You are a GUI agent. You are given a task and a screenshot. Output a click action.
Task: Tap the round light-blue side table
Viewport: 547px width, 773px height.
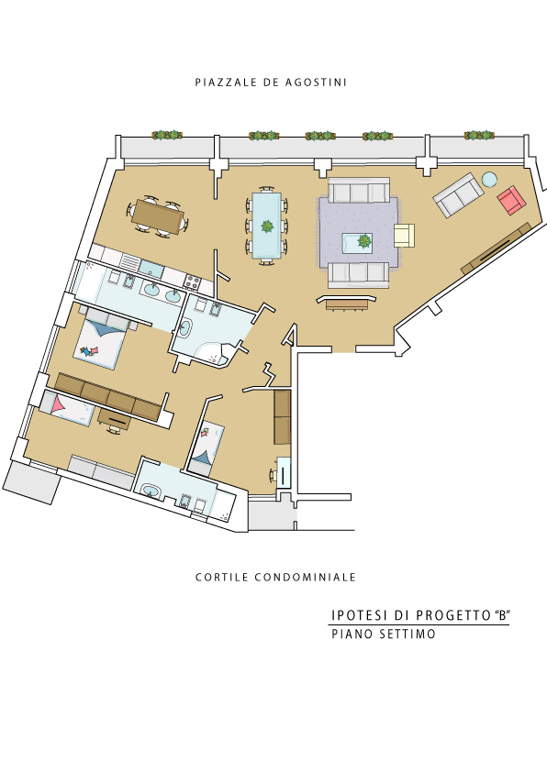pos(489,179)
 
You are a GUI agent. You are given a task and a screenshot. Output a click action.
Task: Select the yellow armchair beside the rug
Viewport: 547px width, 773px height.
pos(404,235)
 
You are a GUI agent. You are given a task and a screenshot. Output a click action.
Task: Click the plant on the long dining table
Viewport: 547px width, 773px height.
pos(267,226)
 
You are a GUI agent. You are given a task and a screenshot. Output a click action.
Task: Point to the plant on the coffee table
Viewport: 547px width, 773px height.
pos(364,241)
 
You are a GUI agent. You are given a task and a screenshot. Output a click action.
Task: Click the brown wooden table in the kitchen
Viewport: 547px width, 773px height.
pos(158,215)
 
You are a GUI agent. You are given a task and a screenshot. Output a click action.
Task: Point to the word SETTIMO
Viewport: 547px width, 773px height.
pos(407,634)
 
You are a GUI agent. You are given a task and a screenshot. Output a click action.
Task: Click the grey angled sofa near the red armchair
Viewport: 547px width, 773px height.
pos(458,194)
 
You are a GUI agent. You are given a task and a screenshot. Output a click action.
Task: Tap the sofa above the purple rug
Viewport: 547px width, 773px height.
pos(359,191)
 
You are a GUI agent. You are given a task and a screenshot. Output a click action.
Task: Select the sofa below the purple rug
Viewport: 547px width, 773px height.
pos(359,274)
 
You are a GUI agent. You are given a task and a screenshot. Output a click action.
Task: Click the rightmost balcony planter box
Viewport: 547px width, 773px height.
pos(479,135)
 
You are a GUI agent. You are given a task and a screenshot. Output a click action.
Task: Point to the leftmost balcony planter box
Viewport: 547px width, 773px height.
pos(167,135)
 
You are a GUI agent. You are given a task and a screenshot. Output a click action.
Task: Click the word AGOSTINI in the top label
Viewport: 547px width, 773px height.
pos(316,83)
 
